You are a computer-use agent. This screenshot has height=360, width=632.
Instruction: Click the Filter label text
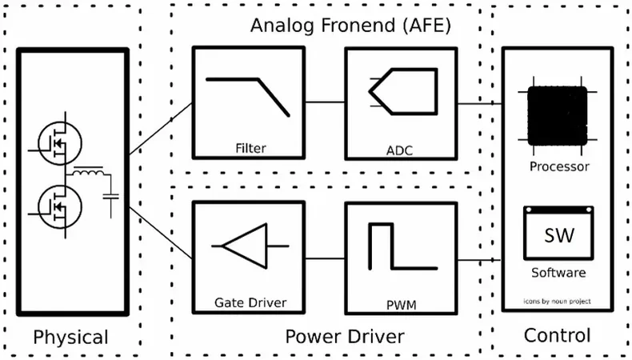click(250, 148)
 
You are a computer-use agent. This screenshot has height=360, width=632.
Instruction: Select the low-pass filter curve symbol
click(248, 97)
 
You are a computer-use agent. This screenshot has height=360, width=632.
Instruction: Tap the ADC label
click(399, 150)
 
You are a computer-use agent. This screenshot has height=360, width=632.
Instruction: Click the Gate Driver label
click(250, 302)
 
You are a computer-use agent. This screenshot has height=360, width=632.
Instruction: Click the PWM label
click(399, 304)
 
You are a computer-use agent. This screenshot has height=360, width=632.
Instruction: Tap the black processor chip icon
click(558, 115)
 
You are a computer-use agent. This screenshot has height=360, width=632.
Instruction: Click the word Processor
click(559, 166)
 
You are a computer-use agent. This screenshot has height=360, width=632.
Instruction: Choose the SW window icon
click(559, 233)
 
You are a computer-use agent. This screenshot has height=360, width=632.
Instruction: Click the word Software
click(558, 273)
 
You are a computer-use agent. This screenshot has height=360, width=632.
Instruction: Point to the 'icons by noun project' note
click(558, 302)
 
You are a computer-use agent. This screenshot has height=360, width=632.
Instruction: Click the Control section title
click(557, 335)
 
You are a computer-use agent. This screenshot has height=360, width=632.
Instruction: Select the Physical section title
click(70, 337)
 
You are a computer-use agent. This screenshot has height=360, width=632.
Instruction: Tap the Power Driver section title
click(344, 337)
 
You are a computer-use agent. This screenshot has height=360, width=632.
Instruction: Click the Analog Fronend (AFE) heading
click(351, 25)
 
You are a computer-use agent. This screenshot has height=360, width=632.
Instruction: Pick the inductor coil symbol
click(89, 174)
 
